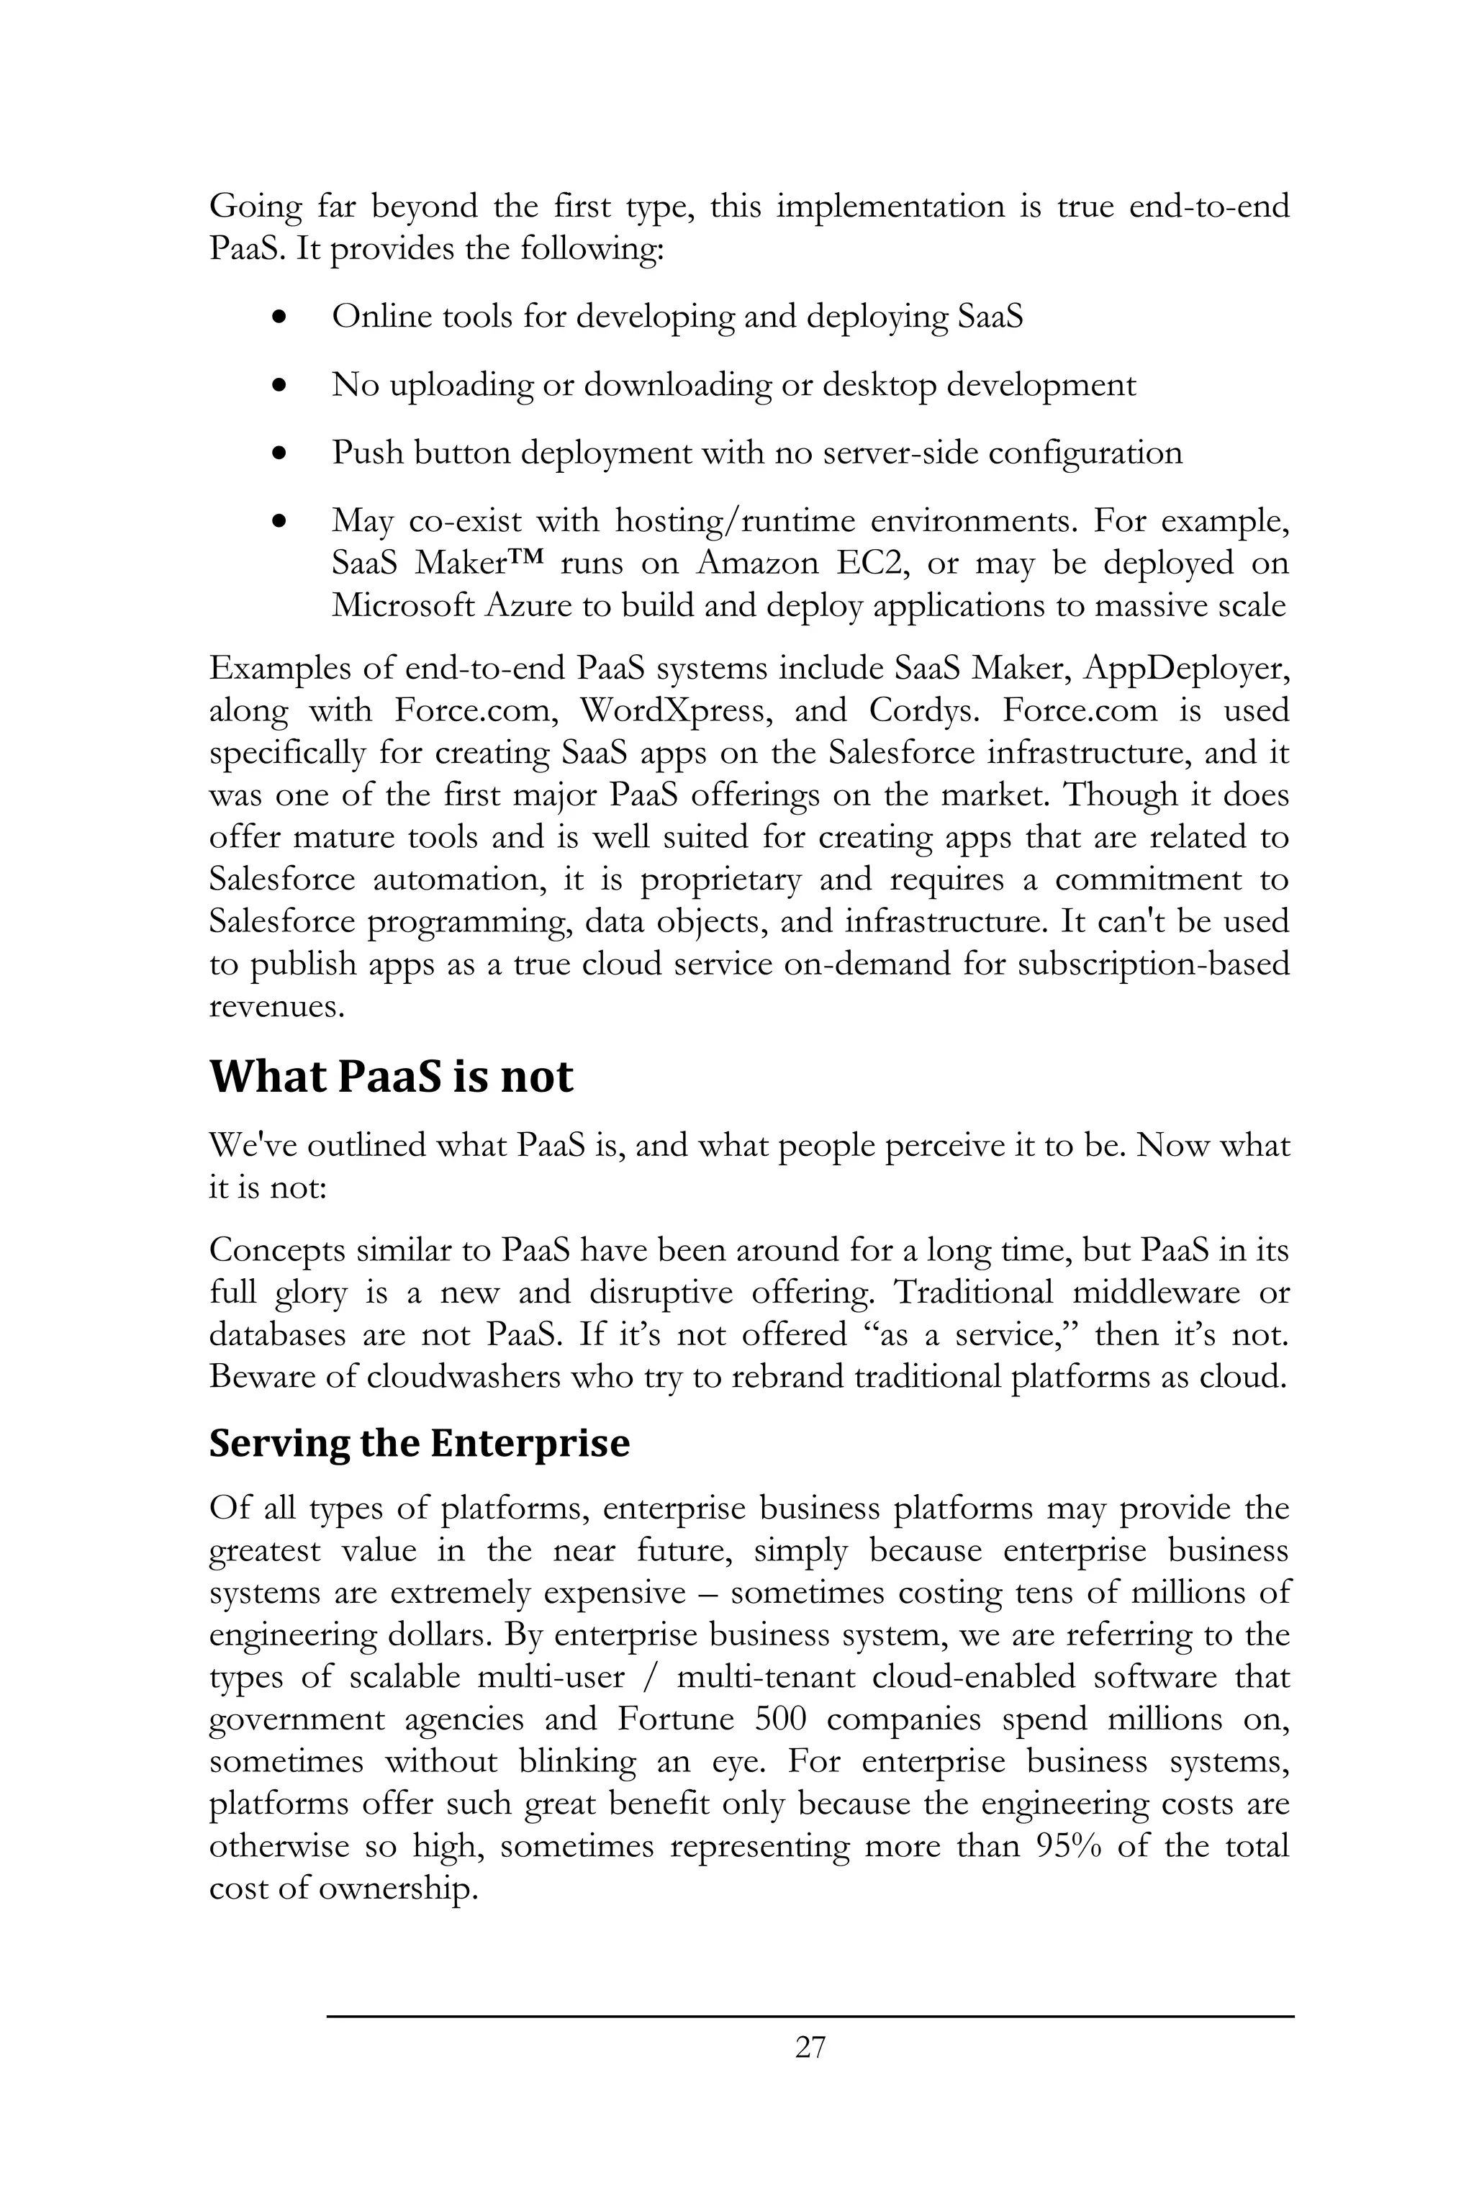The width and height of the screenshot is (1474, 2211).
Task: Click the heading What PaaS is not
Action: coord(390,1077)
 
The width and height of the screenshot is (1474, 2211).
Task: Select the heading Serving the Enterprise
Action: coord(420,1442)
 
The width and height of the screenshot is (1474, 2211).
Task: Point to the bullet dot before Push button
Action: coord(279,454)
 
